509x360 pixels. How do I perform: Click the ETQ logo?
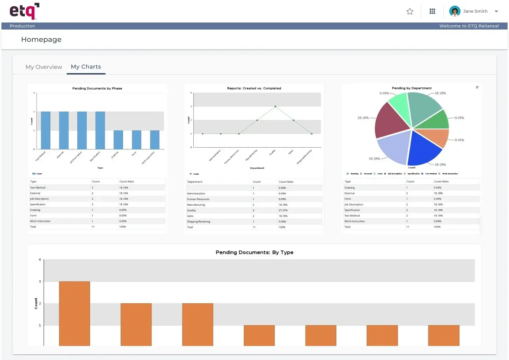click(24, 11)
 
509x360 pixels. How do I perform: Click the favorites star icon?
click(410, 12)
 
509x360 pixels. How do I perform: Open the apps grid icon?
click(432, 12)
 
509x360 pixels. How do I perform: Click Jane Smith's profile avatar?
click(455, 11)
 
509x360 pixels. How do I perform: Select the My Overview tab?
click(44, 67)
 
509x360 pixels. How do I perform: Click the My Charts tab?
click(86, 67)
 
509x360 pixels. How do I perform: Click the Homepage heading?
click(41, 40)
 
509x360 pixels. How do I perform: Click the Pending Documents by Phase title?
click(97, 89)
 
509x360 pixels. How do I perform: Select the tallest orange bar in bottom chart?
click(75, 313)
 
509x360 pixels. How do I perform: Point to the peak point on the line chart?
click(275, 107)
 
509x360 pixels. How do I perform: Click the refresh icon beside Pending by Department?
click(477, 87)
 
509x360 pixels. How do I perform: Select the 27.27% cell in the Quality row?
click(283, 211)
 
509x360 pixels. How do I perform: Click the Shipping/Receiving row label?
click(199, 222)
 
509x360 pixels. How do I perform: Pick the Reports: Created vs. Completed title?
click(254, 89)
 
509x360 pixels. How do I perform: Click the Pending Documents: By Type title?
click(254, 252)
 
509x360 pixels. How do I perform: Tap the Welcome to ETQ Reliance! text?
click(469, 26)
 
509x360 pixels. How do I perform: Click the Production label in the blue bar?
click(22, 26)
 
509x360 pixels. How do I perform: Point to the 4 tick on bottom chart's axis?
click(40, 260)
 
